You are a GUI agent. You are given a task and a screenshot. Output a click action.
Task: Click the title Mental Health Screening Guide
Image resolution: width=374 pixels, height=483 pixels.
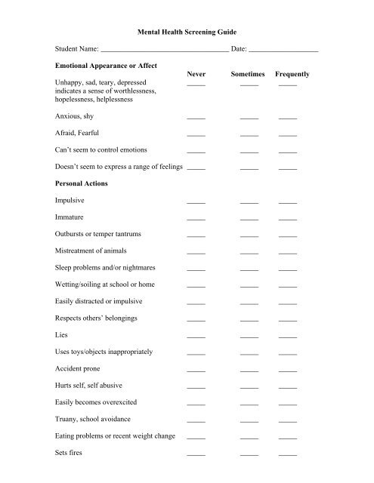pos(186,33)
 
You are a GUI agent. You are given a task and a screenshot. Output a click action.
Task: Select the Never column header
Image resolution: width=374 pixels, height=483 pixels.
pos(196,75)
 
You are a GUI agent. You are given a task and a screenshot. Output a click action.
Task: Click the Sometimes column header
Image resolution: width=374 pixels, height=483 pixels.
pos(249,75)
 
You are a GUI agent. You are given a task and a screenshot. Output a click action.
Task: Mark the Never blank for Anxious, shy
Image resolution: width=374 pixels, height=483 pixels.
pos(196,119)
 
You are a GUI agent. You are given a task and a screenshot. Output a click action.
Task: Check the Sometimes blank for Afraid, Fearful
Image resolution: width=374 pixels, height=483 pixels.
pos(249,135)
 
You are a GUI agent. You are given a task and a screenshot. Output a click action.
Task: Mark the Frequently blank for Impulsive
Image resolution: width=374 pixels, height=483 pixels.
pos(288,203)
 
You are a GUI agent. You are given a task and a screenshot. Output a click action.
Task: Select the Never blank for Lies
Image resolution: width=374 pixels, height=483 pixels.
pos(196,336)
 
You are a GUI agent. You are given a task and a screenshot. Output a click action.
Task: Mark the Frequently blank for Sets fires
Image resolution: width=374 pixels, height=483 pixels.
pos(288,455)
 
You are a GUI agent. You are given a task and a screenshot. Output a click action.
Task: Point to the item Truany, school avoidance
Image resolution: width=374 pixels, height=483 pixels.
pos(93,419)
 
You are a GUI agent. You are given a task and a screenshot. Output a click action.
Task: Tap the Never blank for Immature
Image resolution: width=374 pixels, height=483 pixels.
pos(196,220)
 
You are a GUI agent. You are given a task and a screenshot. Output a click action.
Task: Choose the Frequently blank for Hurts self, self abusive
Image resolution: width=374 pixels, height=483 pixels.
pos(288,388)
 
